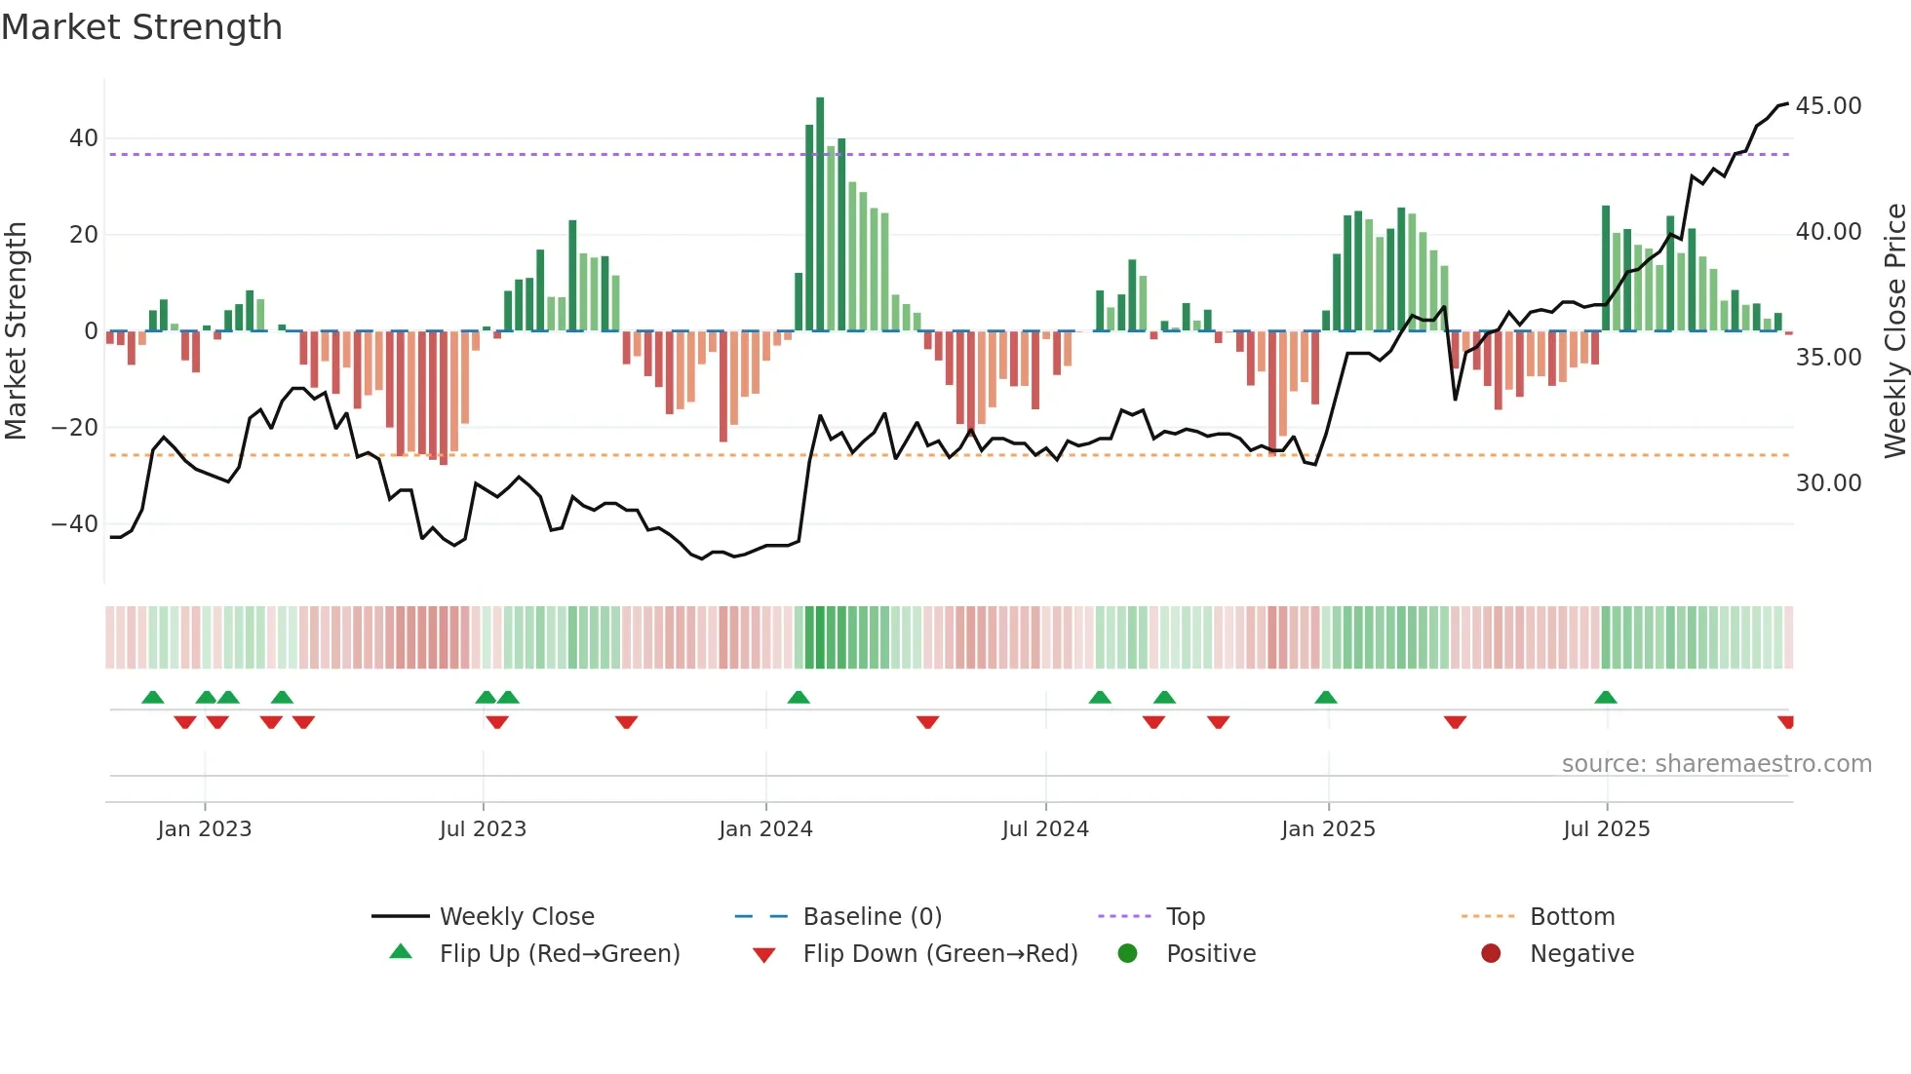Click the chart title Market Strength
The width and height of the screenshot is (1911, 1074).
[141, 27]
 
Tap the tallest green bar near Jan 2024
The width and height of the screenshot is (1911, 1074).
[820, 214]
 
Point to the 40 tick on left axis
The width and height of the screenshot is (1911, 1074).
[84, 138]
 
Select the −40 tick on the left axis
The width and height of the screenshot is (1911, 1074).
[76, 524]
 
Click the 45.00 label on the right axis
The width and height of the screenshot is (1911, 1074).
[1828, 106]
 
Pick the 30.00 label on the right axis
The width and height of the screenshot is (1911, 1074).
[1828, 483]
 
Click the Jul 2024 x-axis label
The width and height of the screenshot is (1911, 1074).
[1045, 829]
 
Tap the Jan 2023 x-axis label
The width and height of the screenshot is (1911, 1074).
[205, 829]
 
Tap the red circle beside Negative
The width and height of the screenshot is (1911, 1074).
[1491, 954]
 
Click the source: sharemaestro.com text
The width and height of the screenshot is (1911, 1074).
[1716, 764]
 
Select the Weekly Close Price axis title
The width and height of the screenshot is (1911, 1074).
[1894, 331]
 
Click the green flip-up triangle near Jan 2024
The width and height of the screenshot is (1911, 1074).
[799, 698]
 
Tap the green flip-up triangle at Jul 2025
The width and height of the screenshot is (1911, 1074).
[1606, 698]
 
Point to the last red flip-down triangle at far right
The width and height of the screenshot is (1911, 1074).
[1786, 722]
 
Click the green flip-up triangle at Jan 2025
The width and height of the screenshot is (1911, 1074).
[1326, 698]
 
